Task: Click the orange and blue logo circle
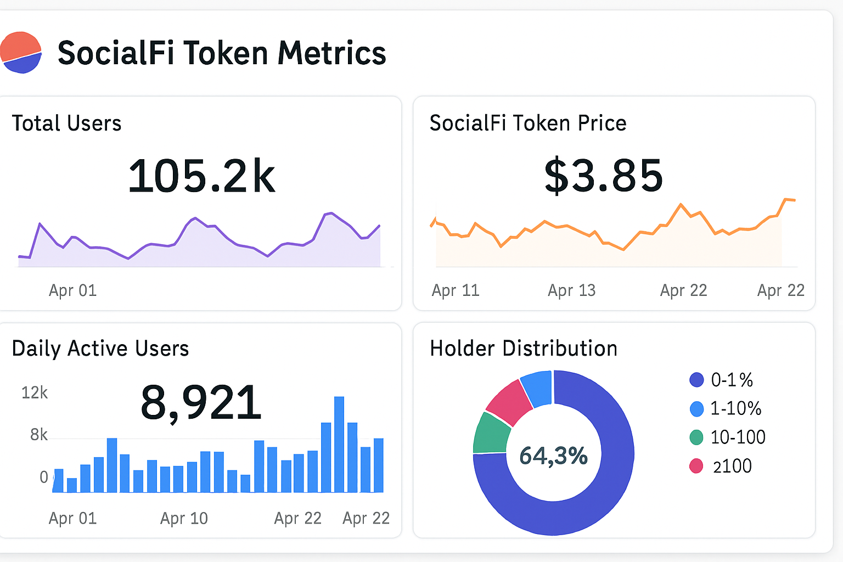(x=21, y=53)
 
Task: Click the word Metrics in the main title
(x=331, y=53)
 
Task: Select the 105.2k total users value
(x=201, y=176)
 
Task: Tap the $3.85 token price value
(x=603, y=176)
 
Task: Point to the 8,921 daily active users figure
(x=201, y=402)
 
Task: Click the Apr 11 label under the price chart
(x=456, y=290)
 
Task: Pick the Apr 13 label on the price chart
(x=571, y=290)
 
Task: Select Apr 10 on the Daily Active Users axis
(x=184, y=518)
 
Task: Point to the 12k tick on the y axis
(x=35, y=393)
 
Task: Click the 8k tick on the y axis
(x=39, y=435)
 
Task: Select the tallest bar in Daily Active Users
(x=339, y=443)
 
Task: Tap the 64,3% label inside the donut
(x=553, y=456)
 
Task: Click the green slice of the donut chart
(x=491, y=434)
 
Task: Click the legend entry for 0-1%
(x=721, y=380)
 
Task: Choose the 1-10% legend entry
(x=725, y=408)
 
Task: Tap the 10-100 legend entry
(x=727, y=437)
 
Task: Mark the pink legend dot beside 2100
(x=696, y=466)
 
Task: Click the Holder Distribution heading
(x=523, y=349)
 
